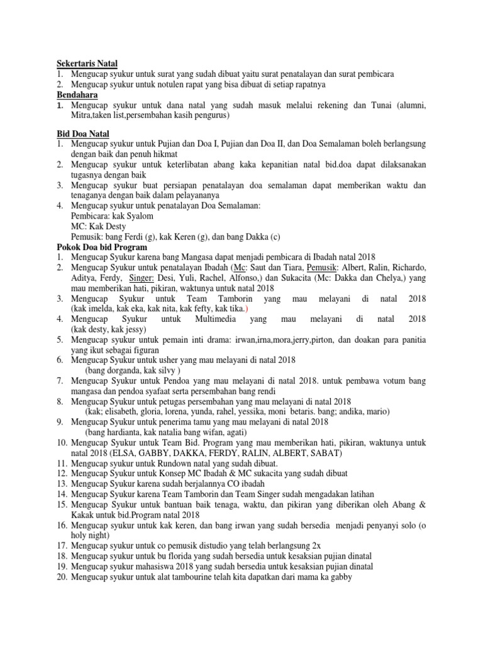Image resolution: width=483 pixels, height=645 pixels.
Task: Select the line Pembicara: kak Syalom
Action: (112, 216)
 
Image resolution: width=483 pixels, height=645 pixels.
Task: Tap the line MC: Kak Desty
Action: (98, 226)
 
